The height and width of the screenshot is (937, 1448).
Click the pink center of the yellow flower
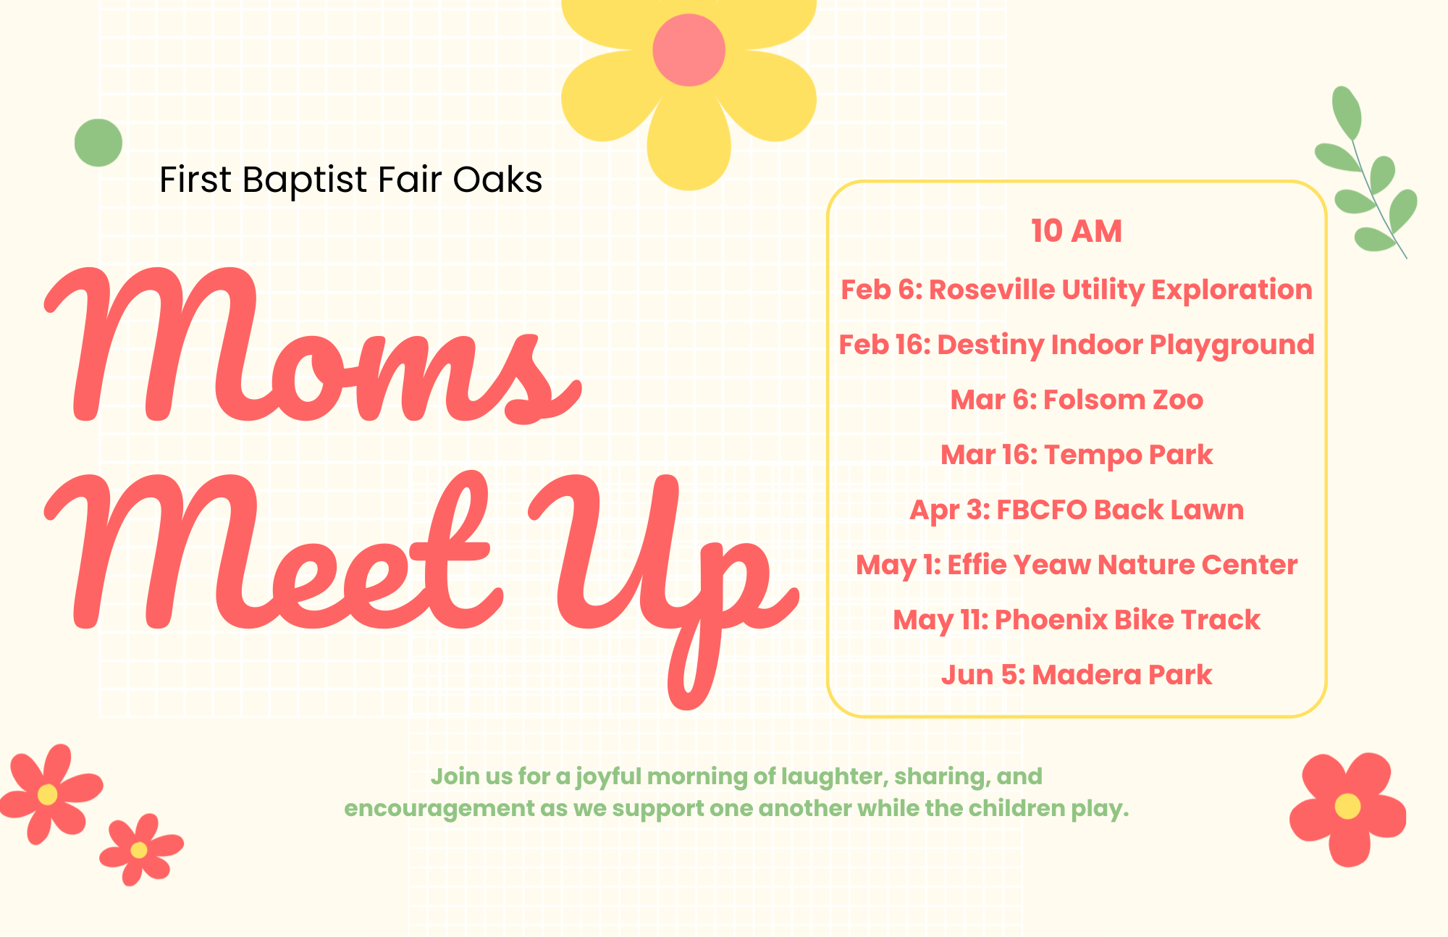(689, 50)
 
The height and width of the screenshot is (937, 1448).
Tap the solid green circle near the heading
(98, 143)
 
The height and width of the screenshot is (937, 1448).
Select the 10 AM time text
(1077, 231)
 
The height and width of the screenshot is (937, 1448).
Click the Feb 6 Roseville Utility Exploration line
(1077, 290)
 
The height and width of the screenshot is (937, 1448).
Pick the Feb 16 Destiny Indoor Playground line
(1077, 345)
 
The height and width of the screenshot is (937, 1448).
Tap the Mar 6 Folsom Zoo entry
(1077, 400)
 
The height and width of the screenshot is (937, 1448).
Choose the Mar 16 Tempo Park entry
(1077, 455)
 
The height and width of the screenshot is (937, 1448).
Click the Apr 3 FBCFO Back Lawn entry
(1077, 510)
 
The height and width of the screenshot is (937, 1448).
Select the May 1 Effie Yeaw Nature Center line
(1077, 565)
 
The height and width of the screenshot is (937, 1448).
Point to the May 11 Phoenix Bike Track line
(1077, 620)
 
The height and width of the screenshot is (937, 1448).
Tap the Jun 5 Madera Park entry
(1077, 675)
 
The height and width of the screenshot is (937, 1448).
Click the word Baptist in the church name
(305, 180)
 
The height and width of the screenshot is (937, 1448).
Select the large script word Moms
(313, 345)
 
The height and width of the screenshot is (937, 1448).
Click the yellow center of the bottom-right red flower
(1347, 806)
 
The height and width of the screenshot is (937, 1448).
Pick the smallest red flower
(141, 849)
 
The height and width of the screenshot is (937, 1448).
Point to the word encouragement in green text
(439, 809)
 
